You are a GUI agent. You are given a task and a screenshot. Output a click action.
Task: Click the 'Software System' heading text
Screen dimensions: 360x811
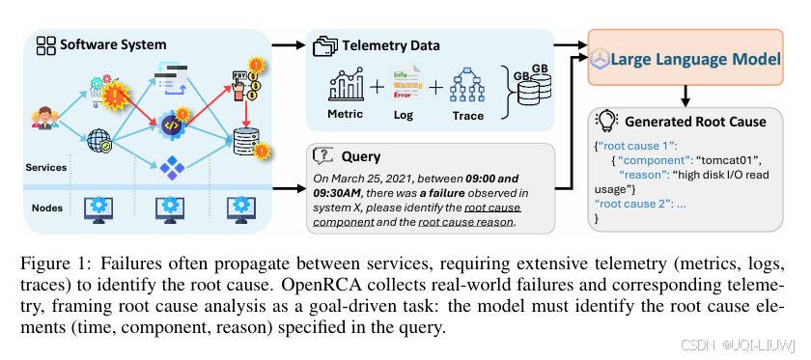click(x=113, y=44)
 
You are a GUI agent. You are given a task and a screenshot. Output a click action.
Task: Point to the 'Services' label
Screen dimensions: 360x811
click(x=45, y=167)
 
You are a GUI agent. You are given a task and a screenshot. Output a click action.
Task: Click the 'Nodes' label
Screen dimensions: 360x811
click(x=42, y=206)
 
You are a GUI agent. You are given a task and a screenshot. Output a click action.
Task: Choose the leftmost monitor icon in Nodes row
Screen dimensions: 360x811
click(x=98, y=207)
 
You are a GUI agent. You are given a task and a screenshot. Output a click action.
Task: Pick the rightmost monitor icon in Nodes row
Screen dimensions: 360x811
click(x=239, y=207)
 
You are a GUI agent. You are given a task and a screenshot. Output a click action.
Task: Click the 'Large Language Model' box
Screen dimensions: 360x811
click(x=686, y=59)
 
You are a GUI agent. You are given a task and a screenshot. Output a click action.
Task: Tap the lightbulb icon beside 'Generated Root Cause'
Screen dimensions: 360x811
click(x=608, y=122)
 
